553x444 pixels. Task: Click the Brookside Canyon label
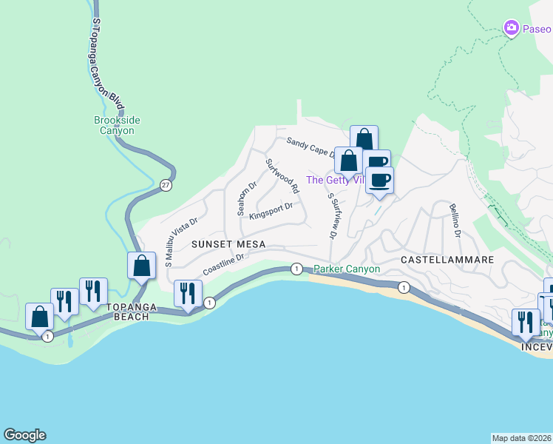coord(118,125)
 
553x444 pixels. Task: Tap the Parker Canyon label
coord(347,269)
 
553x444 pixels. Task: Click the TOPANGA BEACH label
coord(138,311)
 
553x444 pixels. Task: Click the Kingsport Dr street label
coord(271,211)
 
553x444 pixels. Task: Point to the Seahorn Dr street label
coord(246,198)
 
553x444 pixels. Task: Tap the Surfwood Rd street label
coord(282,176)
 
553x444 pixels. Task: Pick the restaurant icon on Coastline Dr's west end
coord(187,293)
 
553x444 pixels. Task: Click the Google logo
coord(24,435)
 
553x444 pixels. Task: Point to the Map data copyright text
coord(521,437)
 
